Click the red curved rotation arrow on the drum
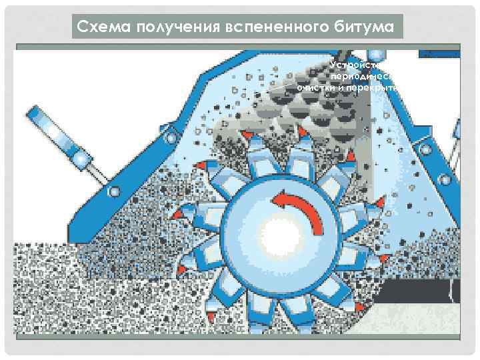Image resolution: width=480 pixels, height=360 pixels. (304, 207)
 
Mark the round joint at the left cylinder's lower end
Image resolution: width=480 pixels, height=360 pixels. (82, 159)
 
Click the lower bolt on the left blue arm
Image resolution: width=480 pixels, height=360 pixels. (114, 192)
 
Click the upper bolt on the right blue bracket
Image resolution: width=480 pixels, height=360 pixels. (421, 143)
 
